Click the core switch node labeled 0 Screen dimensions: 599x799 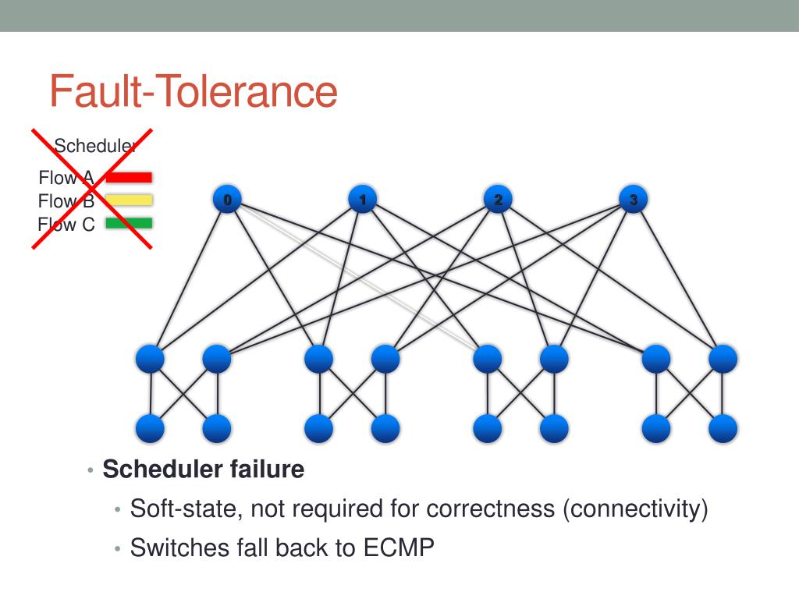[227, 200]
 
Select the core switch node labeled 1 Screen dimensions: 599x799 [363, 200]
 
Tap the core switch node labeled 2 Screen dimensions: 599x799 [498, 200]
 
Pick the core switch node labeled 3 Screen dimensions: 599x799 [634, 200]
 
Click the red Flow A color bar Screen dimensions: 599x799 [129, 178]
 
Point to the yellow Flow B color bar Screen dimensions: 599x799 [129, 200]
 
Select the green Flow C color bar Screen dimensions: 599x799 [129, 223]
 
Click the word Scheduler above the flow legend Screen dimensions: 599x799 [95, 146]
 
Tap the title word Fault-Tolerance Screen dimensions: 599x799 [194, 91]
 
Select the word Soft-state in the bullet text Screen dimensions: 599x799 [180, 509]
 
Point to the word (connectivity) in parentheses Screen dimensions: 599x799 [635, 509]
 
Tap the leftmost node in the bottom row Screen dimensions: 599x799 [151, 428]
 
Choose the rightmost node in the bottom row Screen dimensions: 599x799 [723, 428]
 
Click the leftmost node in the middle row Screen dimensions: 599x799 [151, 359]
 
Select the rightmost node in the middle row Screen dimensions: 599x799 [723, 359]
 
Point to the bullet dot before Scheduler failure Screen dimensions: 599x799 [91, 471]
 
